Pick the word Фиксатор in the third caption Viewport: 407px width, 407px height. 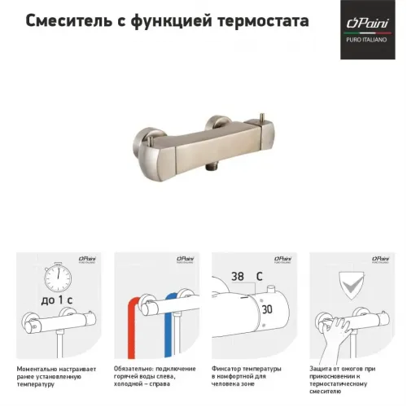pyautogui.click(x=230, y=369)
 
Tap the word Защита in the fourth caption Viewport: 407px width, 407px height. pyautogui.click(x=324, y=369)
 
